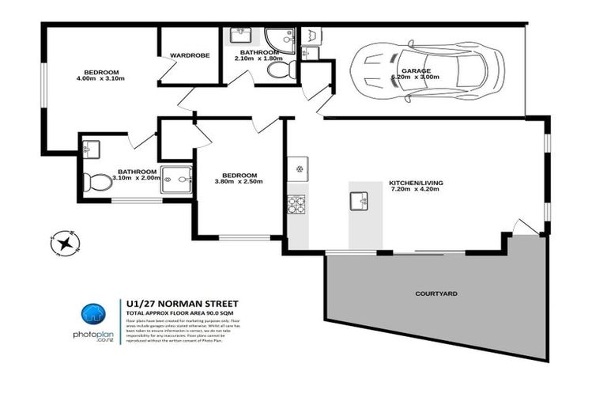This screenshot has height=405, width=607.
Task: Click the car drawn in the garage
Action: pos(428,72)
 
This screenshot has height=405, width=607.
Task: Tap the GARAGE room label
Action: pos(416,70)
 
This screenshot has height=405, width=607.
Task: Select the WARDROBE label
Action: pos(188,55)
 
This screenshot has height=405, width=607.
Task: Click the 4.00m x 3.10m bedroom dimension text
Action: pos(102,78)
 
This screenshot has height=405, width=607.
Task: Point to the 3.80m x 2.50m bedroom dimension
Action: pos(238,182)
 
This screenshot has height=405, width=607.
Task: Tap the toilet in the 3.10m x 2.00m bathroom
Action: pos(98,183)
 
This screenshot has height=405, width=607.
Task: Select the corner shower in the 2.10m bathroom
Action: pos(278,40)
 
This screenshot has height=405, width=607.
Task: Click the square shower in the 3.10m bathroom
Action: pos(177,179)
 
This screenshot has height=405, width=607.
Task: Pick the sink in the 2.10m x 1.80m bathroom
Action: pos(241,36)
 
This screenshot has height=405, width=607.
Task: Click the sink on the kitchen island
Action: pos(360,201)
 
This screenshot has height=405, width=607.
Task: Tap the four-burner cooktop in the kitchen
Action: pos(296,206)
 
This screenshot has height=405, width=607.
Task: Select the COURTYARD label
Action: pos(435,293)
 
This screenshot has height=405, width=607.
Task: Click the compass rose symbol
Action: pos(62,243)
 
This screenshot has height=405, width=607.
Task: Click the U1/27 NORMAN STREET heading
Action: pos(182,303)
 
